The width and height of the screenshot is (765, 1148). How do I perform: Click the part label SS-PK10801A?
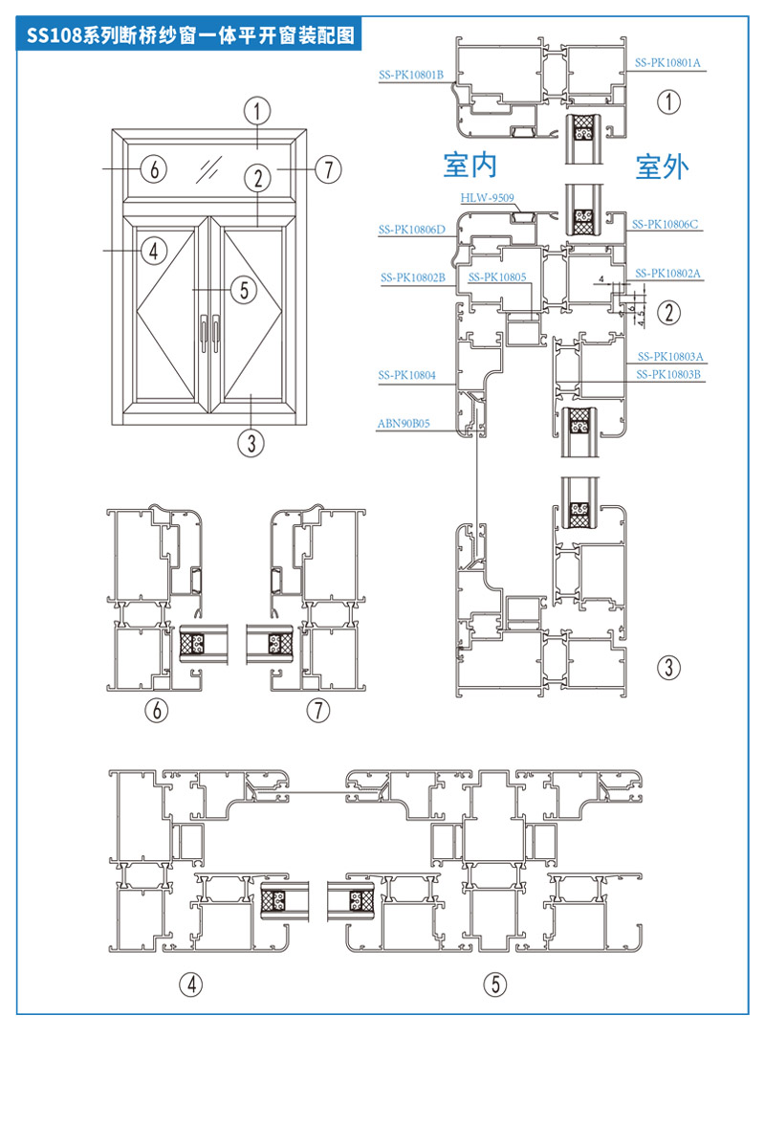[667, 63]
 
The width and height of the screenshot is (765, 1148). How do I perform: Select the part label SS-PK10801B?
[411, 75]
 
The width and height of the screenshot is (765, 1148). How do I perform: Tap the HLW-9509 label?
[487, 198]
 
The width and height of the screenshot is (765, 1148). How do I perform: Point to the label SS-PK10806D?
[412, 230]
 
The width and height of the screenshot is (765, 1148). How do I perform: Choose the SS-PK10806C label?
[665, 224]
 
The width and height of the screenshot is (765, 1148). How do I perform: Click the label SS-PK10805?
[497, 277]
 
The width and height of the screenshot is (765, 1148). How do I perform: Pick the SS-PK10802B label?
[413, 277]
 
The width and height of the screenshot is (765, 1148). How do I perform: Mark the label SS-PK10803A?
[670, 356]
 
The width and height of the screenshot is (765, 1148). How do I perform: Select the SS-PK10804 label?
[406, 375]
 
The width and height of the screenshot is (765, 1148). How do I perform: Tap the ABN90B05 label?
[404, 423]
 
